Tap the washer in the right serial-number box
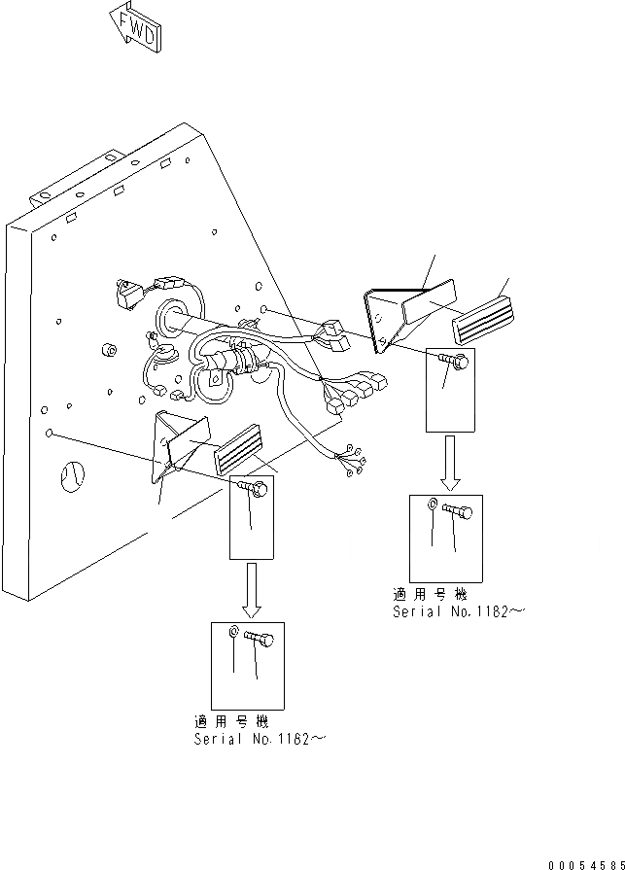pos(432,505)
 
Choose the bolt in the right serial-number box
pos(457,509)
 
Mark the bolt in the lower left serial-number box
pos(260,639)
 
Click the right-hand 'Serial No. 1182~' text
pos(458,611)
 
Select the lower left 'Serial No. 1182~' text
pos(259,740)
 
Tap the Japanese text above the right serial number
pos(429,594)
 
